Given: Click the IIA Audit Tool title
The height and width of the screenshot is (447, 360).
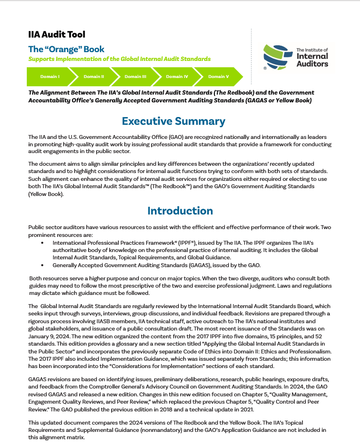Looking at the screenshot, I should click(x=57, y=34).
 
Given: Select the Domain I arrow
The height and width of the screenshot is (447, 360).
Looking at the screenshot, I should click(x=49, y=77).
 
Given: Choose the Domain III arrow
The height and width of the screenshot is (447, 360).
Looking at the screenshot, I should click(x=135, y=77).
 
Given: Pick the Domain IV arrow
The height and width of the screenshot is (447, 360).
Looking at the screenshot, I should click(x=177, y=77).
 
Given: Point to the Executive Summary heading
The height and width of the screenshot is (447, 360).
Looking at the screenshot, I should click(x=173, y=121).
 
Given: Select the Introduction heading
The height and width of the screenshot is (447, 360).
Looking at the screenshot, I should click(x=180, y=211).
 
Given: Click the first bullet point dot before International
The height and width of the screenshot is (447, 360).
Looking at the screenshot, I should click(x=42, y=242).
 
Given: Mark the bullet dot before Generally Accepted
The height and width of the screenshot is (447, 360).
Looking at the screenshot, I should click(x=42, y=265).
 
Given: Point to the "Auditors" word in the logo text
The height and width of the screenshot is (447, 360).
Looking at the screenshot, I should click(x=312, y=63).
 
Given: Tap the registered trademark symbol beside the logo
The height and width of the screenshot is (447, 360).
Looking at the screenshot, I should click(x=265, y=69).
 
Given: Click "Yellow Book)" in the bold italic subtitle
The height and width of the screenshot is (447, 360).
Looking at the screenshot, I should click(x=293, y=100).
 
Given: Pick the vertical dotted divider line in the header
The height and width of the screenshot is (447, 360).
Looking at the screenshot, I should click(x=251, y=56).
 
